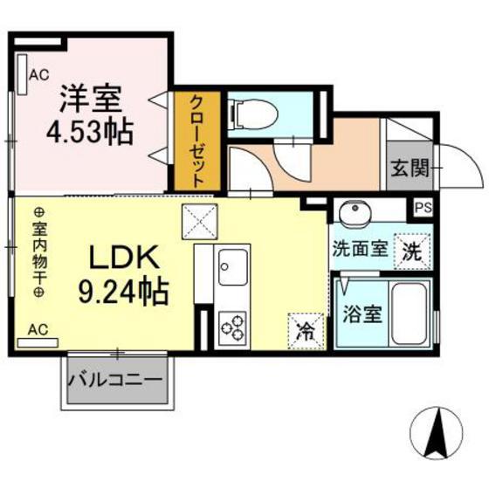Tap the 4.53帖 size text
point(90,133)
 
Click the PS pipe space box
point(424,209)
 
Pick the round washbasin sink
point(354,213)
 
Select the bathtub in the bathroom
point(410,311)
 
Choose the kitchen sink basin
point(233,265)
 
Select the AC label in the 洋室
point(39,75)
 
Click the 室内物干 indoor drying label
point(38,253)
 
